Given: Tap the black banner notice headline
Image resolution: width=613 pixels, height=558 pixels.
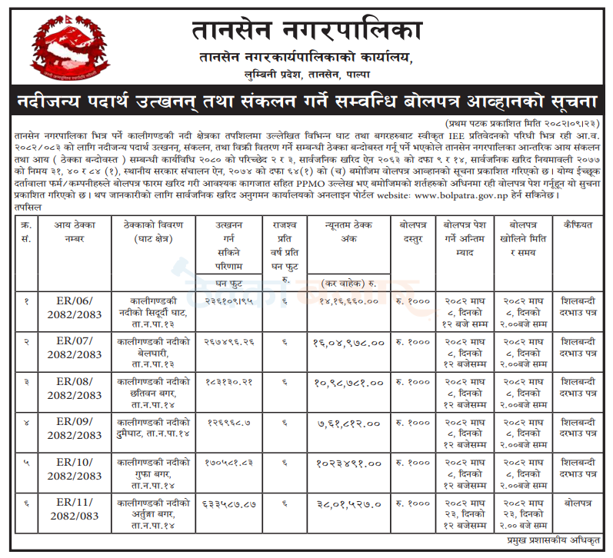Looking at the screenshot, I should coord(306,101).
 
